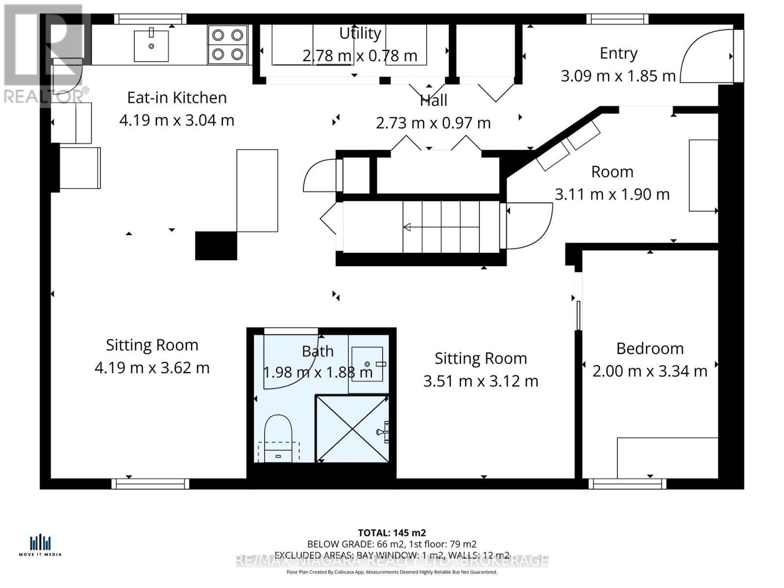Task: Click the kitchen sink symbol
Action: point(151,46)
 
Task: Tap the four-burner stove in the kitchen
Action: point(227,45)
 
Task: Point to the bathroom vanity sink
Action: point(367,363)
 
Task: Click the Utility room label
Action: point(360,33)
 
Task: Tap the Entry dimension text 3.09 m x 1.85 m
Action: point(618,76)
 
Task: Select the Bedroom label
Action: point(650,348)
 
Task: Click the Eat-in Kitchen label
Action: point(177,98)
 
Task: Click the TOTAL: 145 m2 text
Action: point(392,533)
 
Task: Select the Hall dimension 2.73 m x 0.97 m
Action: point(433,123)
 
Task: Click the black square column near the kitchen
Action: point(216,245)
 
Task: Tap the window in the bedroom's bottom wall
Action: point(627,484)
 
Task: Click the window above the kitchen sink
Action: point(150,19)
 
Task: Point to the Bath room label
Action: point(318,351)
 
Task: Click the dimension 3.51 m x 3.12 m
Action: point(481,381)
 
